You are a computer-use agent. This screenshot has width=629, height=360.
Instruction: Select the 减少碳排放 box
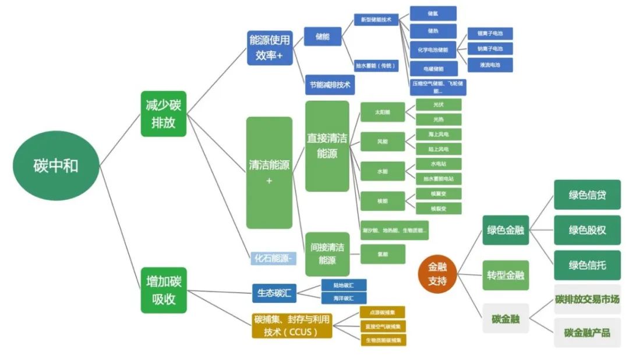coord(164,114)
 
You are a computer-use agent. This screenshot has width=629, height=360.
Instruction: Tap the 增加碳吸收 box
coord(164,290)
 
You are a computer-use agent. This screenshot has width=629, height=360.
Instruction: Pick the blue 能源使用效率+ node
coord(270,48)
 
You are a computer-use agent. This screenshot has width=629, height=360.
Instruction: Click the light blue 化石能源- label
coord(273,258)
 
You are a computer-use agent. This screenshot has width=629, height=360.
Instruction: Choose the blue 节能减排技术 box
coord(330,85)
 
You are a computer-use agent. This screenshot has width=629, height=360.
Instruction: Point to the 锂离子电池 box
coord(490,33)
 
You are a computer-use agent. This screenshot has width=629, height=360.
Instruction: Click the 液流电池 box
coord(490,64)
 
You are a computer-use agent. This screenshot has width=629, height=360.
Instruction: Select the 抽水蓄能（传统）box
coord(376,66)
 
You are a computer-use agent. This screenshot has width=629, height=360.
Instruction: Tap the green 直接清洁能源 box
coord(327,146)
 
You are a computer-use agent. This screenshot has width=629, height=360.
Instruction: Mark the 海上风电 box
coord(439,134)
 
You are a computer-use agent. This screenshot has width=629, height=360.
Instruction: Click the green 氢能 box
coord(383,254)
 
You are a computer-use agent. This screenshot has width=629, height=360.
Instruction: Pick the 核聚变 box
coord(439,193)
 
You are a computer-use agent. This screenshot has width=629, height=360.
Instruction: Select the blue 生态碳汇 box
coord(274,292)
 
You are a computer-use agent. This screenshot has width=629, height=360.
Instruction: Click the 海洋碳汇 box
coord(344,298)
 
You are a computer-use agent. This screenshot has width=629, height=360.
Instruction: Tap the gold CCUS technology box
coord(292,326)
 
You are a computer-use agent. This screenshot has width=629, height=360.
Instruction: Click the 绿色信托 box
coord(587,265)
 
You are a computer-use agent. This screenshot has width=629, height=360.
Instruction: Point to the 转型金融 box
coord(506,275)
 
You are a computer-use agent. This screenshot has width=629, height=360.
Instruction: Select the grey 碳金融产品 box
coord(587,333)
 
